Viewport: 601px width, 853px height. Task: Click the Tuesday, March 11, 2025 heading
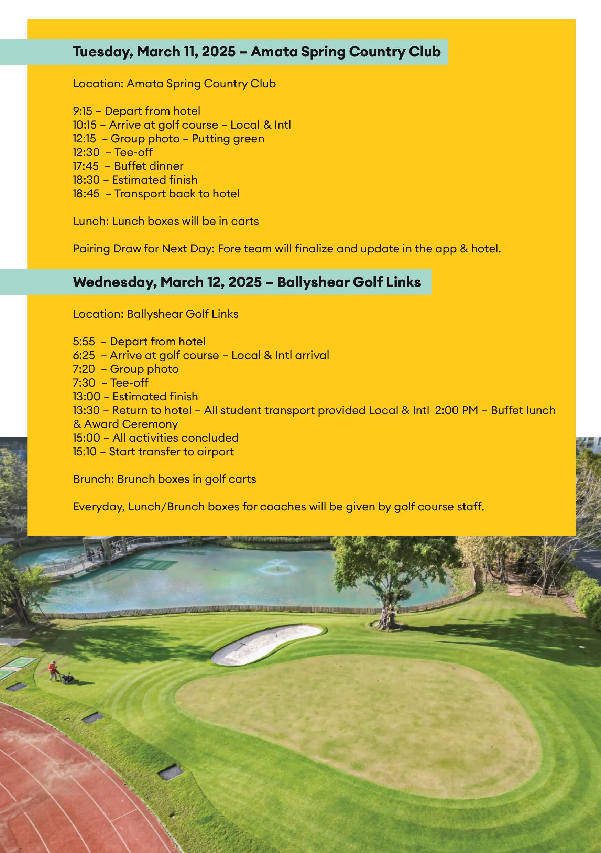pyautogui.click(x=256, y=52)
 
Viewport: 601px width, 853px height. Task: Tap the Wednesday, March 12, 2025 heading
pyautogui.click(x=247, y=282)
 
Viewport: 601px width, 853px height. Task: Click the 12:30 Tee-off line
pyautogui.click(x=112, y=152)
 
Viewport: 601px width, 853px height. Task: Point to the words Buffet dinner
pyautogui.click(x=149, y=166)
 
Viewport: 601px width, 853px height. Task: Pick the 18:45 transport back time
pyautogui.click(x=86, y=194)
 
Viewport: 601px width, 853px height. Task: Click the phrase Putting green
pyautogui.click(x=228, y=139)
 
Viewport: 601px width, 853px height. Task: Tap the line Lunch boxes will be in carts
pyautogui.click(x=166, y=221)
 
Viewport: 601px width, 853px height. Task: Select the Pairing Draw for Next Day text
pyautogui.click(x=143, y=249)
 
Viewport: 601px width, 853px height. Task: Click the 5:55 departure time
pyautogui.click(x=84, y=342)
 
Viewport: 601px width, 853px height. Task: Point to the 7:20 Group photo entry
pyautogui.click(x=125, y=369)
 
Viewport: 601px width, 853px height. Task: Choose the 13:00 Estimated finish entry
pyautogui.click(x=135, y=397)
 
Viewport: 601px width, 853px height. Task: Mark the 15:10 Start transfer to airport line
pyautogui.click(x=153, y=451)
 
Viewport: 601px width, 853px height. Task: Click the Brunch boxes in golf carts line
pyautogui.click(x=164, y=479)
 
